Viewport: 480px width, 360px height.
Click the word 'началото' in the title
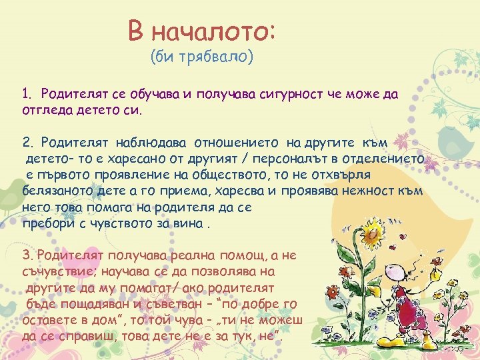tap(213, 30)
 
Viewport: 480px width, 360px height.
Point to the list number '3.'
tap(27, 255)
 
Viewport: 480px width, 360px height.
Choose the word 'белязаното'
tap(55, 190)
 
